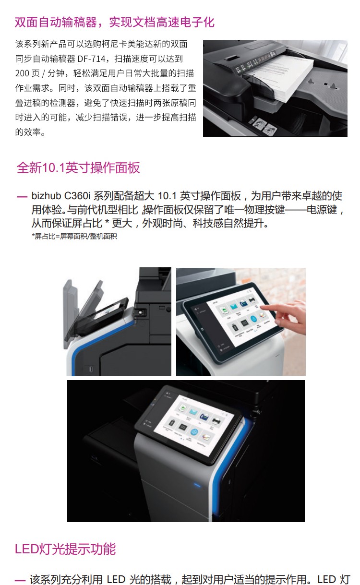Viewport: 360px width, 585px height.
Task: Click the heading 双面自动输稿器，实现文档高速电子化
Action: (x=114, y=22)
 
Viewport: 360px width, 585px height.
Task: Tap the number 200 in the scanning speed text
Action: (x=22, y=73)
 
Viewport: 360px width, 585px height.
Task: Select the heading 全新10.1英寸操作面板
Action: (x=78, y=167)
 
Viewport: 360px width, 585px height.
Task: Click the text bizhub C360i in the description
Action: (x=61, y=196)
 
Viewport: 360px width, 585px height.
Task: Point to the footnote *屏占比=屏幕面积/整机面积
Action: (x=74, y=236)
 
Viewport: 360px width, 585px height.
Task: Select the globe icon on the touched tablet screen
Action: (x=253, y=319)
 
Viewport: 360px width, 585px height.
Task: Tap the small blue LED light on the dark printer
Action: (x=197, y=486)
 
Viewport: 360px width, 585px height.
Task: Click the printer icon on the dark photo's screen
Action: (x=216, y=421)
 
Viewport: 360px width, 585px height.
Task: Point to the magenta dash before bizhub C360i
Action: (x=22, y=196)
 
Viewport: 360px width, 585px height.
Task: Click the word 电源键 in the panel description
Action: (x=321, y=209)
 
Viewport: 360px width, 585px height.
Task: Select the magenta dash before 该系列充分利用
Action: (x=20, y=580)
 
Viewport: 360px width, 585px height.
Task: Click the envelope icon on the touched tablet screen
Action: (x=234, y=306)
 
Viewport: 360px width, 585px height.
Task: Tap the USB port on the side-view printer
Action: (x=91, y=369)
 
